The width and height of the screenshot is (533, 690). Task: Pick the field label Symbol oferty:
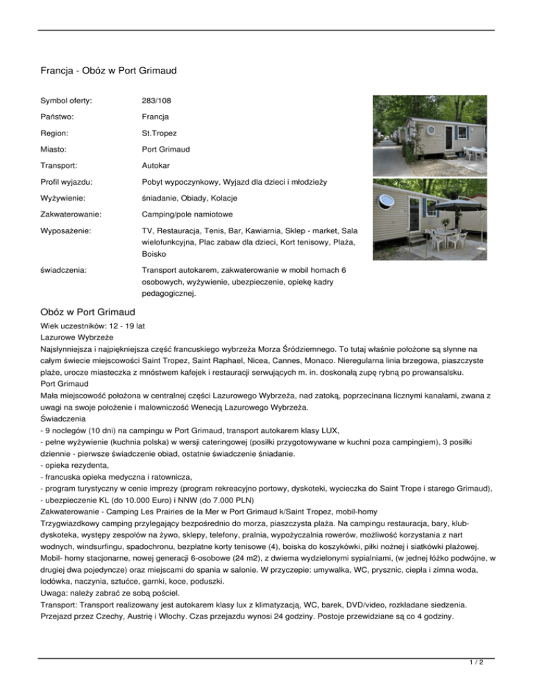(x=67, y=101)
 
